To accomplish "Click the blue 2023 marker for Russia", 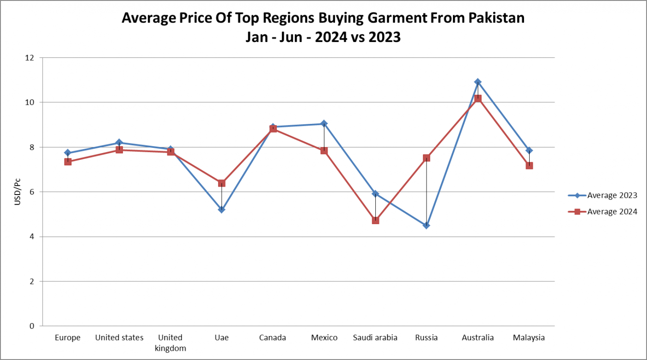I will click(x=427, y=226).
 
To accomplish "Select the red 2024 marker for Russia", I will click(x=427, y=158).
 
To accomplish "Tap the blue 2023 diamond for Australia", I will click(x=478, y=82).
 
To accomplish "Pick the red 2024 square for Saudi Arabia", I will click(x=375, y=220).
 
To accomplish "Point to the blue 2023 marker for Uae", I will click(x=222, y=209).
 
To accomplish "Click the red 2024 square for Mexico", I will click(x=324, y=151).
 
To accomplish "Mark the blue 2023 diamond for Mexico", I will click(x=324, y=123).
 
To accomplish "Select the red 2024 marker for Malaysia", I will click(x=529, y=165).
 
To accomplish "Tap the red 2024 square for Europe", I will click(x=68, y=162).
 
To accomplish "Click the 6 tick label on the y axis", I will click(x=32, y=192).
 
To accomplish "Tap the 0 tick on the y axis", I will click(x=32, y=326).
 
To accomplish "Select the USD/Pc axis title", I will click(x=17, y=191).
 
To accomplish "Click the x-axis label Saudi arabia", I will click(x=375, y=338).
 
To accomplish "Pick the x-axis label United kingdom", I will click(x=171, y=343).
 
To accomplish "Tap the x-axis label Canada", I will click(x=273, y=338).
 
